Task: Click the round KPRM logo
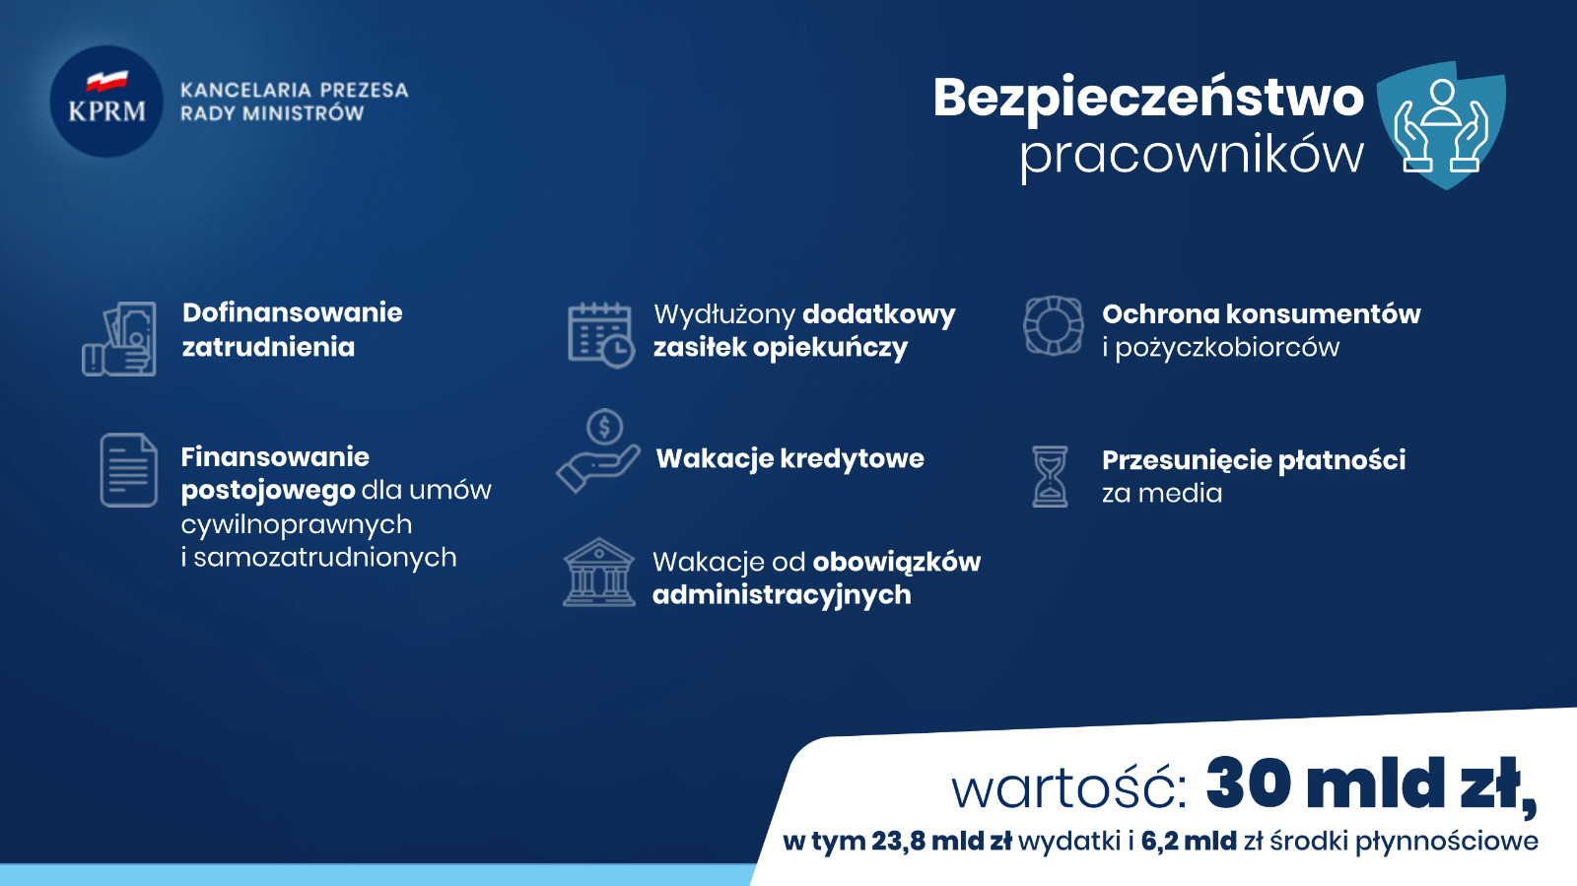(x=106, y=102)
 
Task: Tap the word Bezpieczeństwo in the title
(x=1148, y=98)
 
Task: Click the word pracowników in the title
(x=1192, y=155)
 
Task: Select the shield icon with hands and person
(x=1440, y=125)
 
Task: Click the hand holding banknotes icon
(x=119, y=338)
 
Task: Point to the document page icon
(x=128, y=470)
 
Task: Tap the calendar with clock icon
(x=600, y=335)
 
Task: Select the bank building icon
(x=598, y=573)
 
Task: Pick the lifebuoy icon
(x=1054, y=325)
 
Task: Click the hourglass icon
(x=1050, y=476)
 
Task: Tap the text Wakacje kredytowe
(x=789, y=459)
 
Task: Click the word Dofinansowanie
(x=292, y=312)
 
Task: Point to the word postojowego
(x=267, y=491)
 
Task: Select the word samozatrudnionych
(x=324, y=558)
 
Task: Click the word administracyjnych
(x=782, y=595)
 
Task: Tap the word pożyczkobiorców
(x=1227, y=348)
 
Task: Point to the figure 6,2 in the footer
(x=1159, y=841)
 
